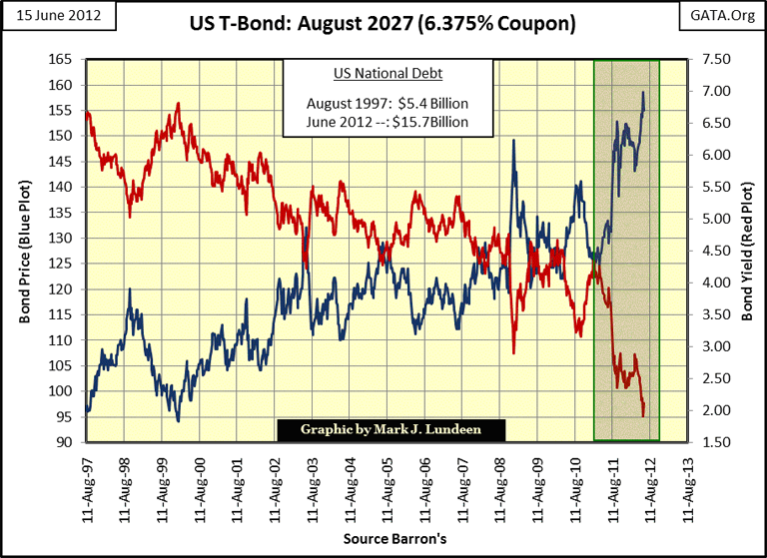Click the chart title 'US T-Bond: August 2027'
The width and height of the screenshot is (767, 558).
pyautogui.click(x=383, y=22)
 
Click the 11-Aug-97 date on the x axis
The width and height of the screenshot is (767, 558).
pyautogui.click(x=88, y=483)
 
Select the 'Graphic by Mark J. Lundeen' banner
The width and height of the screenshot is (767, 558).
pyautogui.click(x=390, y=430)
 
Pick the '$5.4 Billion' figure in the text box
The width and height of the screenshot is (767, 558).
pyautogui.click(x=431, y=103)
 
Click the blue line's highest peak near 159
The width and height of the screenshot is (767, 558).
pyautogui.click(x=642, y=92)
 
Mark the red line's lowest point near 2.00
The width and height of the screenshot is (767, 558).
pyautogui.click(x=643, y=415)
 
